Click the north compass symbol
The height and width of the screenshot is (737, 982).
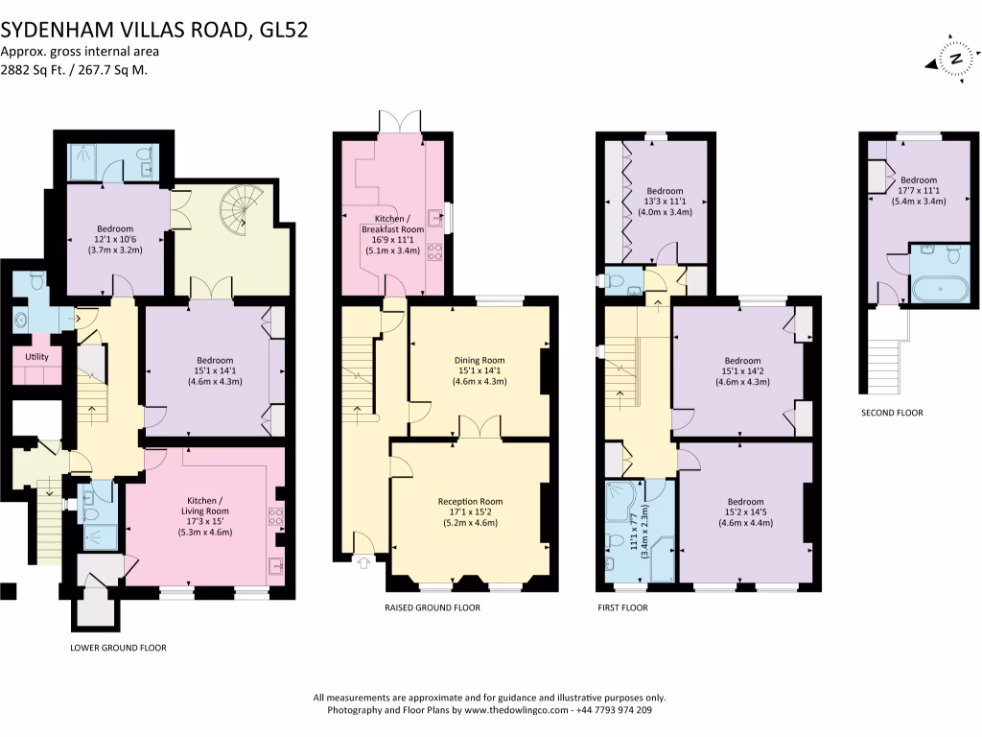click(953, 57)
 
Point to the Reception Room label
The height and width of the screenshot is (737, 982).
click(470, 502)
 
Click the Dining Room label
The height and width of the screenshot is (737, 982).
click(479, 361)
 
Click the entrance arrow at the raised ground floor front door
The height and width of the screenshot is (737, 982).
click(362, 564)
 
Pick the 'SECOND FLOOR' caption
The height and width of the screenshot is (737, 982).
click(892, 413)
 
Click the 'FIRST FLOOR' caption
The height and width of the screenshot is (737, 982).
click(621, 607)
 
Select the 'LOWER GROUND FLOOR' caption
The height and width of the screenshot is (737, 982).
click(118, 648)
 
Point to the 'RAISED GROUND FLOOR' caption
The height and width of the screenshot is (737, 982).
click(432, 607)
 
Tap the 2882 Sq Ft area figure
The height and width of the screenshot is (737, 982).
click(27, 70)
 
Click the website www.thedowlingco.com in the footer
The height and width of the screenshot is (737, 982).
click(517, 711)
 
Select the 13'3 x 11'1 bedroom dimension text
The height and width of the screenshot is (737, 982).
click(665, 202)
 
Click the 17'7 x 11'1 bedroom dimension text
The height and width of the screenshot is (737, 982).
click(918, 191)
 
